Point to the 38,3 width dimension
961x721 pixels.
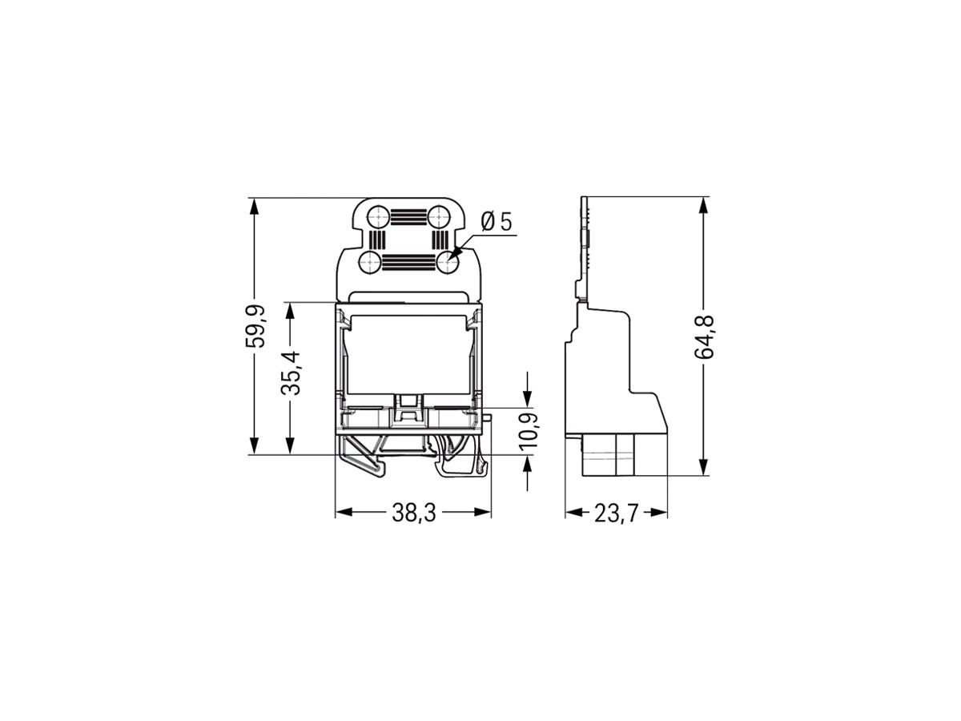tap(413, 514)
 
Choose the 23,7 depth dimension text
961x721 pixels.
tap(616, 514)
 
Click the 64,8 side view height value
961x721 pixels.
tap(705, 336)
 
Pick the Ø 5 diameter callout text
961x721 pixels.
tap(497, 222)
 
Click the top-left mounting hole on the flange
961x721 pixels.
tap(376, 215)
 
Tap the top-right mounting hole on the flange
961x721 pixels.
tap(437, 215)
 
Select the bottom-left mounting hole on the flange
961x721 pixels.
tap(370, 260)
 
